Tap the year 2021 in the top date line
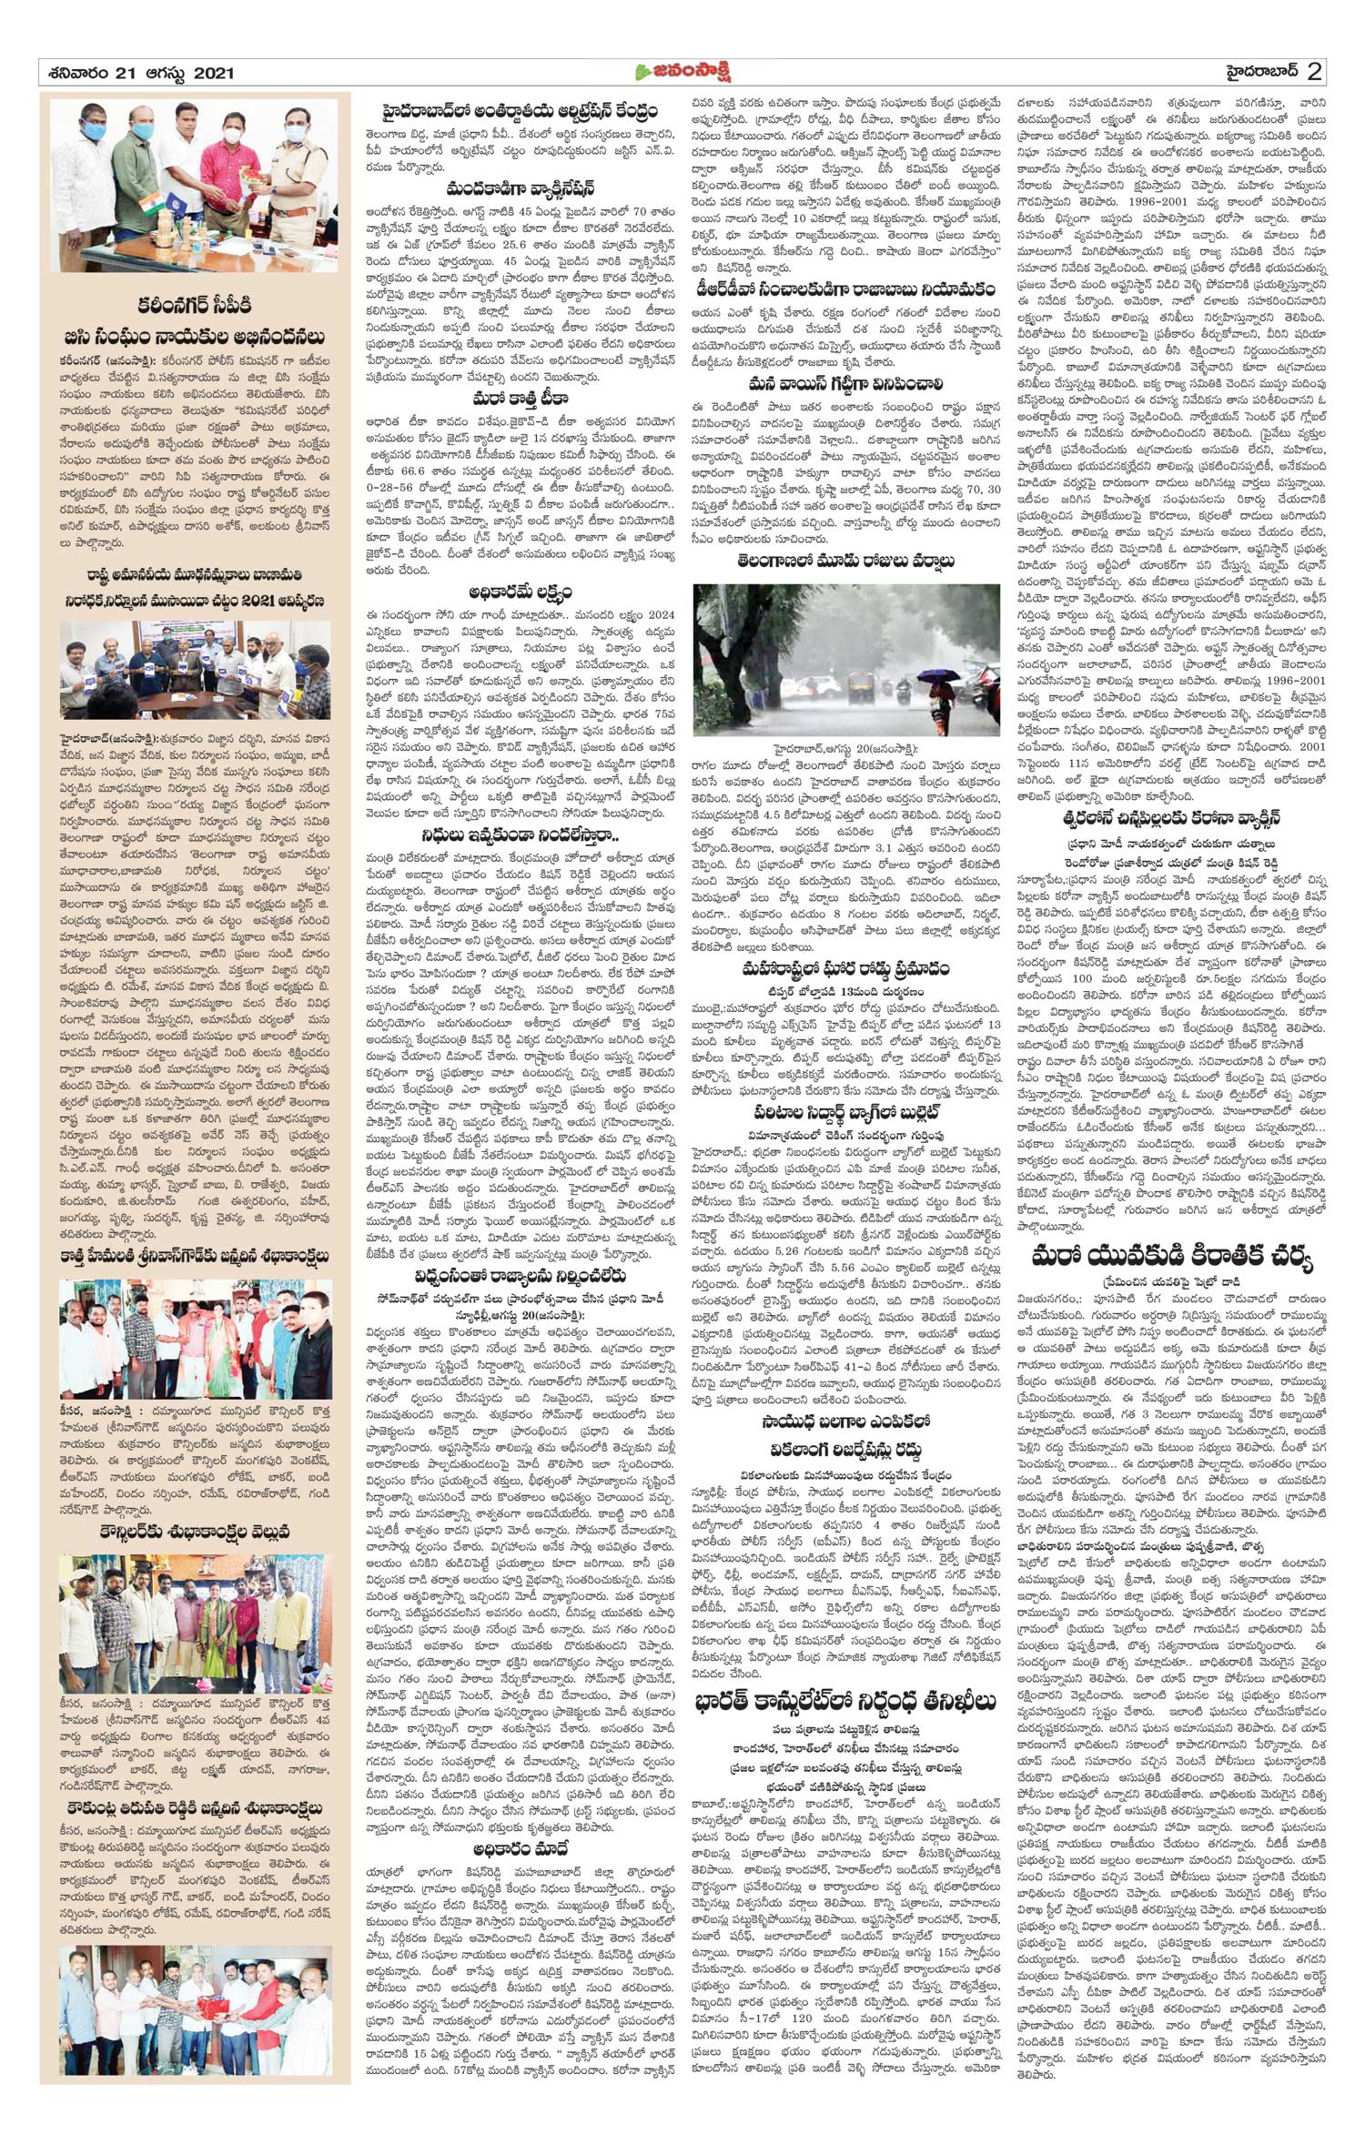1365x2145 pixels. pos(214,73)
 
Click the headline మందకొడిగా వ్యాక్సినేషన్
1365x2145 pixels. pos(520,189)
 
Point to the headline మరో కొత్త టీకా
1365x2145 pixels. pos(520,399)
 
